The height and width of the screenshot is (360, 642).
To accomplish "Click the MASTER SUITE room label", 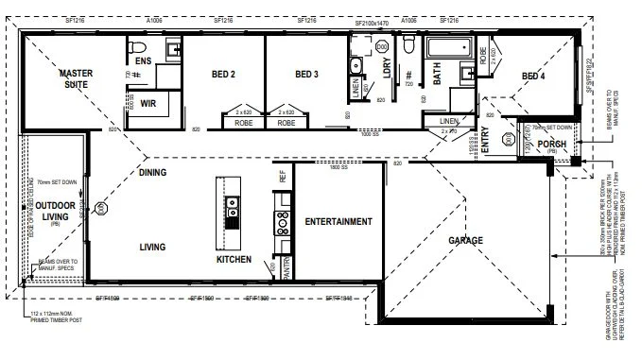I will point(74,79).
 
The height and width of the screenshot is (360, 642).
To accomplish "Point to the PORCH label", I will point(551,145).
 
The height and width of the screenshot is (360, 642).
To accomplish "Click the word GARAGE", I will point(465,240).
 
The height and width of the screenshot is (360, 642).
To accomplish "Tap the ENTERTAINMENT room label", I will point(338,221).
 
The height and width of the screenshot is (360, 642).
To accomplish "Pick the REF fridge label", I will point(281,176).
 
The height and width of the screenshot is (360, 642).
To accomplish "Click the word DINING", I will point(152,173).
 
